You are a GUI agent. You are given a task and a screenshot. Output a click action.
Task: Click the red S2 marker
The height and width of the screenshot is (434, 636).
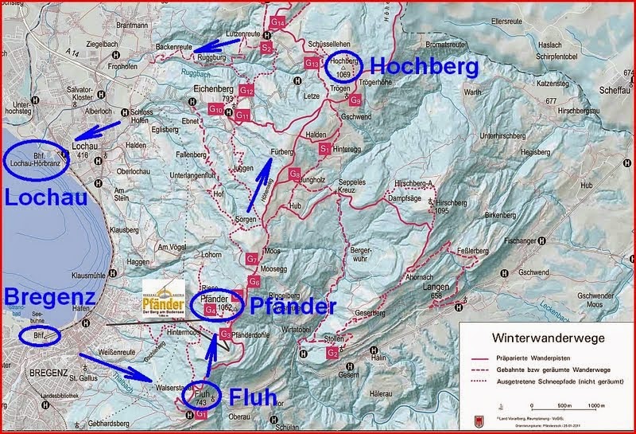(x=266, y=48)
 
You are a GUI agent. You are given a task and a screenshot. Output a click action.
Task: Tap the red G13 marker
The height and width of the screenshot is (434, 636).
(x=312, y=63)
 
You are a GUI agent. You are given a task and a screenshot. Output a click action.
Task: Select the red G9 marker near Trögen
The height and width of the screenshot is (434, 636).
(x=356, y=101)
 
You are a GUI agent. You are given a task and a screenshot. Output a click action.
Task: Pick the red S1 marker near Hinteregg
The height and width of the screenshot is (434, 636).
(x=324, y=148)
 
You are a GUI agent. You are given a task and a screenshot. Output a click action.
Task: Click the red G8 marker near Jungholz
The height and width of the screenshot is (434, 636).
(x=294, y=174)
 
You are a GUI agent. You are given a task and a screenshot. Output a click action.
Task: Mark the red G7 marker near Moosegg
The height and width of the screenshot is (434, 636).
(x=251, y=259)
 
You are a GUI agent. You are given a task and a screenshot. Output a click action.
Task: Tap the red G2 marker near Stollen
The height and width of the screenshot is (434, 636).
(x=332, y=352)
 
